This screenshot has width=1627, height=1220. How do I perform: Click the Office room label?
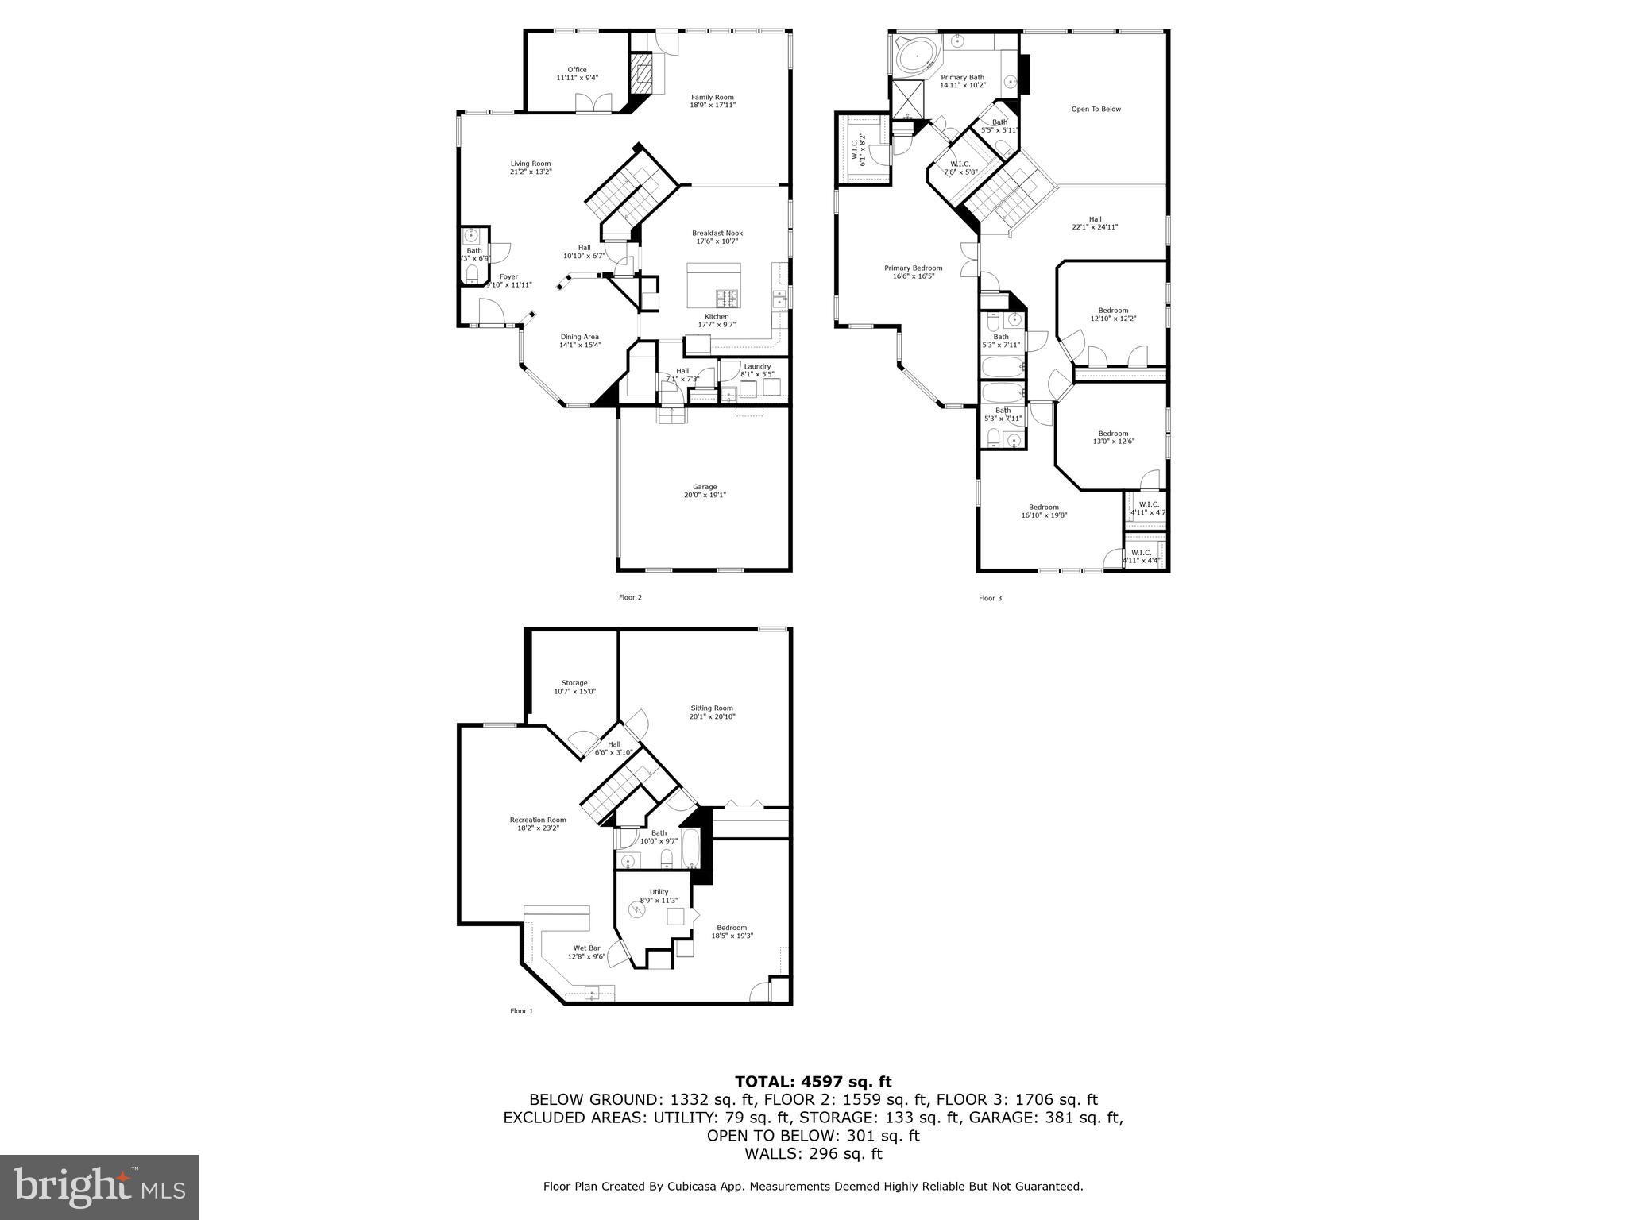577,70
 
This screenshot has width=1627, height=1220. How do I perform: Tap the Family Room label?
712,97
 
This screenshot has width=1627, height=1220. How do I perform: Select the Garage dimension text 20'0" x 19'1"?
704,496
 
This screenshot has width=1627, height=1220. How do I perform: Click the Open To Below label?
1096,110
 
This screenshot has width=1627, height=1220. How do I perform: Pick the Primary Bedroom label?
913,268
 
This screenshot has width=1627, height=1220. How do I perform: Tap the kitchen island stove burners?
727,298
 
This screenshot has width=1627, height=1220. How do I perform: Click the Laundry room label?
757,366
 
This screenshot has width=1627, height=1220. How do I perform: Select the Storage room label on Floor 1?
574,683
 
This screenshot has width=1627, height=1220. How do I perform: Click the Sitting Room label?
712,708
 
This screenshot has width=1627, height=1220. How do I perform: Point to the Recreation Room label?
538,820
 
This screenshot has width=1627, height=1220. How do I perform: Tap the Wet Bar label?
586,948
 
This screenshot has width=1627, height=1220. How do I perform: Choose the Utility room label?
659,891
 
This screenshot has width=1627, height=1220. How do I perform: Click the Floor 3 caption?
990,598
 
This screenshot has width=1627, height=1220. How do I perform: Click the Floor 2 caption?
630,597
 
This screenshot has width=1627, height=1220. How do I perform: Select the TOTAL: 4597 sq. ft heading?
813,1081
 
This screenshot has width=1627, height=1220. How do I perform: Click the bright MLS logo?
99,1187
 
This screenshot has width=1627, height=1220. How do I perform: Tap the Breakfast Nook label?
717,233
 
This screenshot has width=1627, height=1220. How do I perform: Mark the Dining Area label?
579,336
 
